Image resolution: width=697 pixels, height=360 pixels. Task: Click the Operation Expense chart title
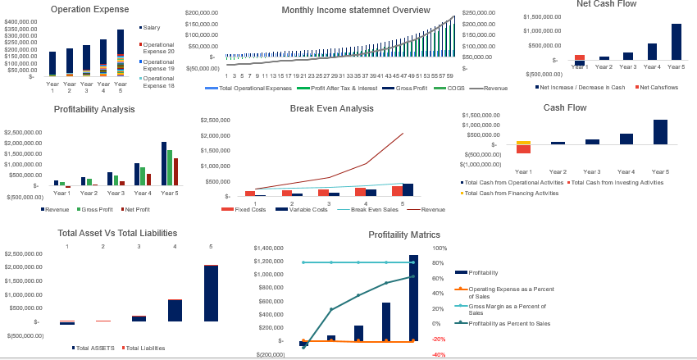[89, 10]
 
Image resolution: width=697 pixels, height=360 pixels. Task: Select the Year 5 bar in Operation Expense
[121, 53]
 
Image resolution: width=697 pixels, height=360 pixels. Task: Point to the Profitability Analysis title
[95, 109]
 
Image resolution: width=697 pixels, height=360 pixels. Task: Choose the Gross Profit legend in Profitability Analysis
[97, 210]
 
